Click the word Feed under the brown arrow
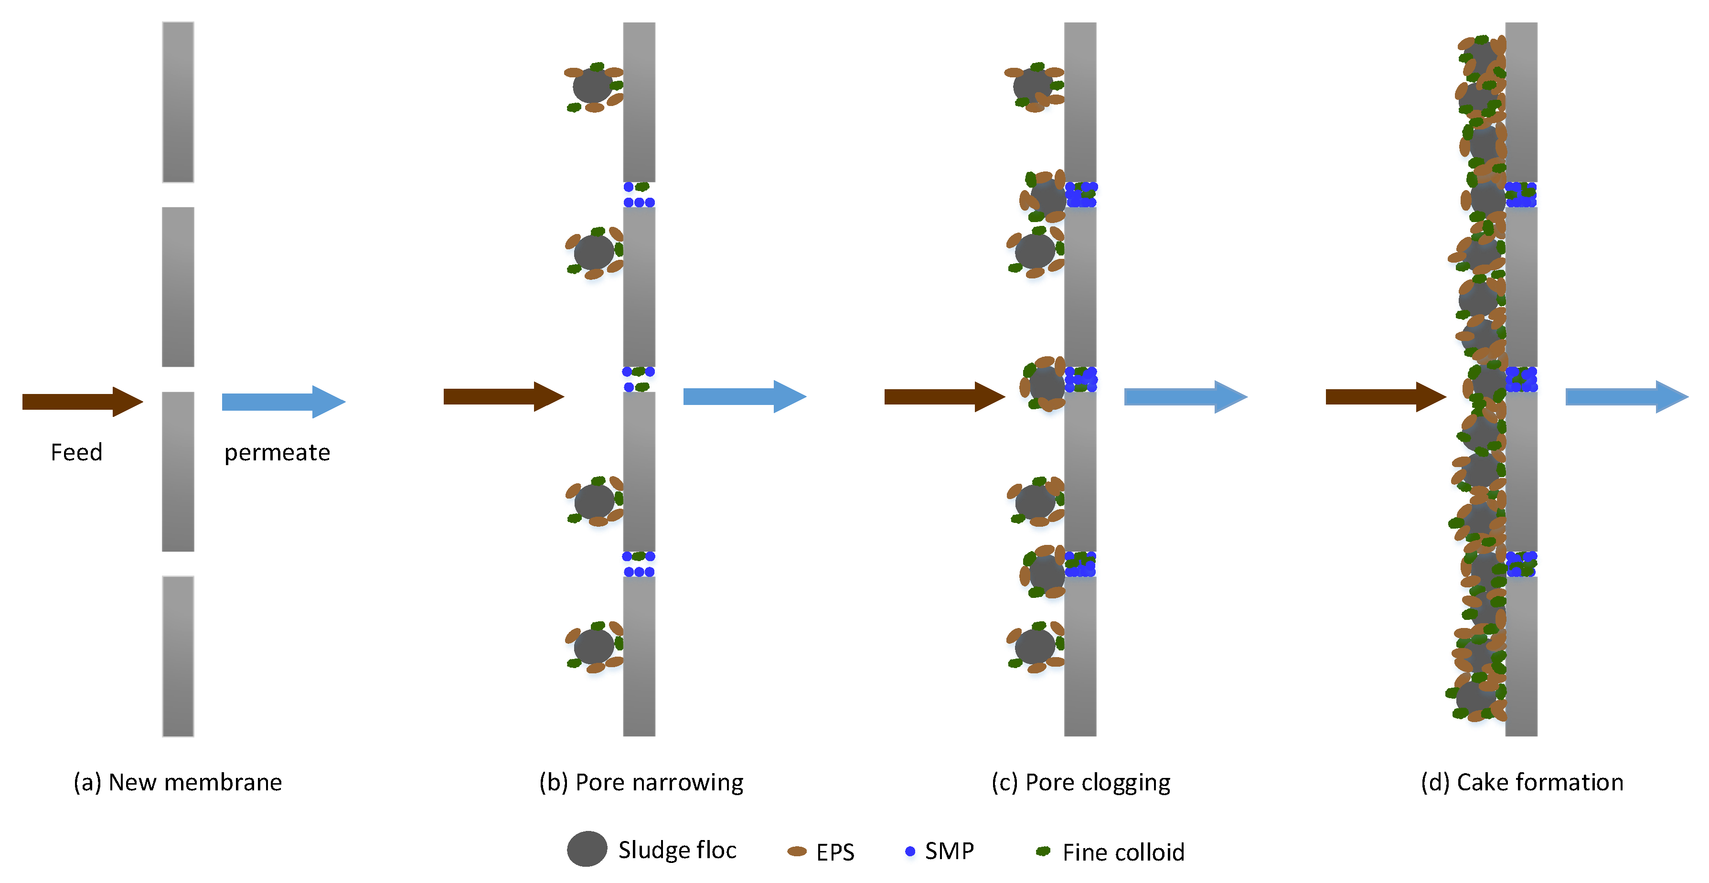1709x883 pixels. (x=76, y=452)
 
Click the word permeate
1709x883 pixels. (x=277, y=452)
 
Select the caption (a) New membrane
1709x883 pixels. (x=178, y=782)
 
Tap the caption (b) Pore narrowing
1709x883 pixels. (x=641, y=782)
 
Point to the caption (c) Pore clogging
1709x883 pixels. (x=1081, y=782)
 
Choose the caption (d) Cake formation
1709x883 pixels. (x=1522, y=782)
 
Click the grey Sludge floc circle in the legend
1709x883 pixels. (x=587, y=849)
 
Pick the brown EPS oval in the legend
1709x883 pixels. (x=797, y=851)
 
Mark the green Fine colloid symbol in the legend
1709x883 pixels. (x=1043, y=851)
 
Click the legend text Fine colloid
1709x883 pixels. (x=1123, y=852)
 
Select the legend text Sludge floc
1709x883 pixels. (x=677, y=850)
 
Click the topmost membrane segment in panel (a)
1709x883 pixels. (x=178, y=102)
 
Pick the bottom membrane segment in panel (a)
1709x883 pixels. (x=178, y=656)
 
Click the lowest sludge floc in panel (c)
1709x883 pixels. (x=1034, y=646)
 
